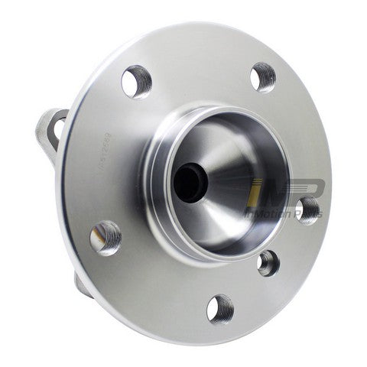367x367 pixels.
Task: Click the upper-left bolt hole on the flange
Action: click(136, 81)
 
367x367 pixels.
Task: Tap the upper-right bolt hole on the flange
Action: click(262, 76)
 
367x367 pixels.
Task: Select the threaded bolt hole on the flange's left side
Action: click(106, 237)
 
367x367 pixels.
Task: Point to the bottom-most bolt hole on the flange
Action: click(220, 308)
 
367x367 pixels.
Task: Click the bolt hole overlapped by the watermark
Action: click(308, 209)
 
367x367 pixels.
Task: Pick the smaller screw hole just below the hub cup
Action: click(268, 263)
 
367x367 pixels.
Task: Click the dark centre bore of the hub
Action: click(188, 183)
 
